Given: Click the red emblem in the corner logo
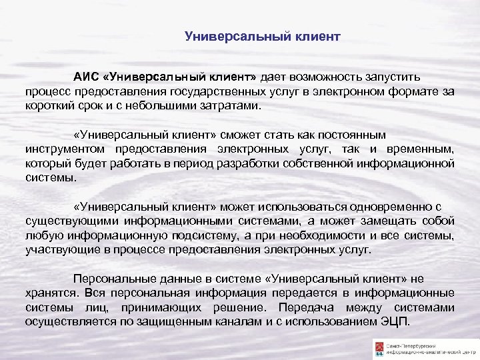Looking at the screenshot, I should (379, 347).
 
